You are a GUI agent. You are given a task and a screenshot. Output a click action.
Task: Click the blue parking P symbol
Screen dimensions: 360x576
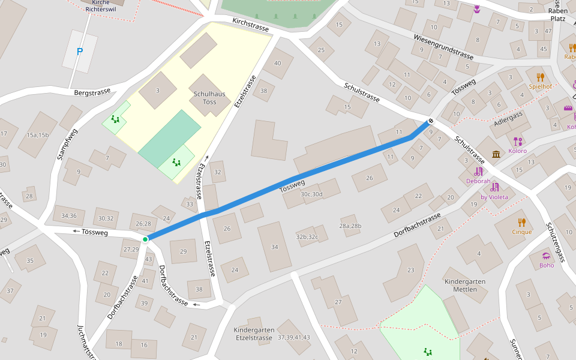(x=80, y=52)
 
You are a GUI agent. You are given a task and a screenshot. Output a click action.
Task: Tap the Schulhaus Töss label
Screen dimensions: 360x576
(x=209, y=98)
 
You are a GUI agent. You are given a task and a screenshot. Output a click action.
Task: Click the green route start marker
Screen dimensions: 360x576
(x=145, y=239)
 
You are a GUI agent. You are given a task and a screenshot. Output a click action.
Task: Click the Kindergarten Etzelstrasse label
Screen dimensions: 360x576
(x=253, y=334)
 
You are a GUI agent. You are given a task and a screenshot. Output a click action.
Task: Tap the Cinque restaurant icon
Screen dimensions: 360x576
(x=521, y=222)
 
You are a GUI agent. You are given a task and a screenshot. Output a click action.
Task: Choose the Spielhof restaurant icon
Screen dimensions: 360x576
(x=540, y=77)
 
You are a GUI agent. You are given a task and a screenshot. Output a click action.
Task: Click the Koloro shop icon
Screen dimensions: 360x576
(x=518, y=142)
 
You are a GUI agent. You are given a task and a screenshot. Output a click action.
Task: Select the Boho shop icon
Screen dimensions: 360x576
(x=546, y=256)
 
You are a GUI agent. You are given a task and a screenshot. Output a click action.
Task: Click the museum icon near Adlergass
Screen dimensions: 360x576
(x=496, y=155)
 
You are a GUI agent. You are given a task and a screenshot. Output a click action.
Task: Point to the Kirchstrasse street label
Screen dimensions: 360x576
(x=251, y=25)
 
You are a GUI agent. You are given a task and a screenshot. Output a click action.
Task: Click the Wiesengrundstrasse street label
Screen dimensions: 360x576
(x=443, y=47)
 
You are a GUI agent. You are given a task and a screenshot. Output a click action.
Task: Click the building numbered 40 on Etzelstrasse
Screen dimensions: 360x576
(x=277, y=63)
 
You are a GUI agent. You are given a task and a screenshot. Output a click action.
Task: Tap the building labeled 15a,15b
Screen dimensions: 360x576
(x=37, y=135)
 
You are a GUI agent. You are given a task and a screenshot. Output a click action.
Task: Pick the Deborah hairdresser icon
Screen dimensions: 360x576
(x=478, y=172)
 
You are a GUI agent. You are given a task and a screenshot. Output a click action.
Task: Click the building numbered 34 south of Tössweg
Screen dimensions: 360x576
(x=274, y=247)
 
